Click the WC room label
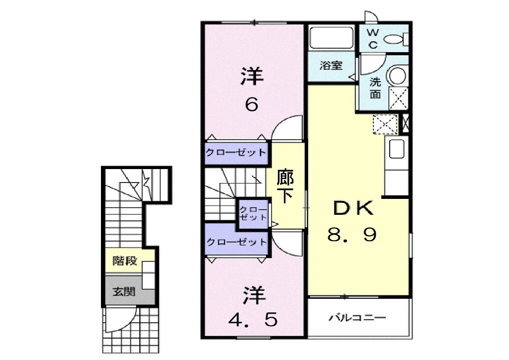point(373,39)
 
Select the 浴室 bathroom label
point(331,66)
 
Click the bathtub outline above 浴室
point(331,37)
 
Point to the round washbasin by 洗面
point(397,76)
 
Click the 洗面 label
point(375,88)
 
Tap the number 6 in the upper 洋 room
point(252,104)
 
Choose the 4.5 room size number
point(253,319)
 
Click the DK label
point(353,208)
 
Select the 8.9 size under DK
point(352,234)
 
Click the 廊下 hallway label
point(285,186)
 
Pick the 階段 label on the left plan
point(125,261)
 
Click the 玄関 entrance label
point(124,291)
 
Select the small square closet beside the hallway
point(253,214)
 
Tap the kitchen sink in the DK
point(396,149)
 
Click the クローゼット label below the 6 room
point(236,152)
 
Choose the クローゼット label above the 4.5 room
point(237,242)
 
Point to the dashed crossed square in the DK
point(385,124)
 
